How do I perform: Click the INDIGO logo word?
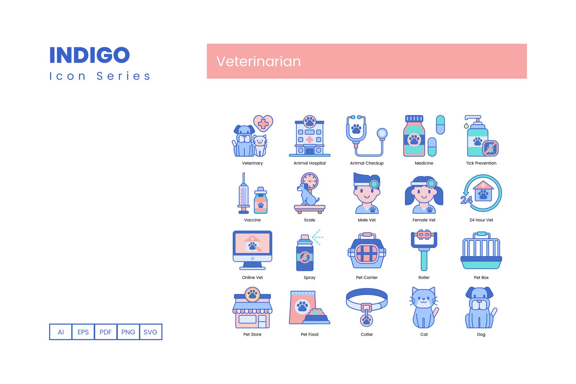(90, 55)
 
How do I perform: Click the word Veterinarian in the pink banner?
(259, 61)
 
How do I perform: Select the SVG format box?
(150, 332)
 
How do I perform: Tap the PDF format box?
(106, 332)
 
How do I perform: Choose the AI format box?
(61, 332)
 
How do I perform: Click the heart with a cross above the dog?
(263, 124)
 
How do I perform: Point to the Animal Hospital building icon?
(309, 136)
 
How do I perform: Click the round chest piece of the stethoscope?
(382, 133)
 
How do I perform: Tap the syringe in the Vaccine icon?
(244, 193)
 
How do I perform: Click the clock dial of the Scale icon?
(309, 181)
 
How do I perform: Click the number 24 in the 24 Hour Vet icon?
(466, 200)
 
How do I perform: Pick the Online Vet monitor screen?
(252, 244)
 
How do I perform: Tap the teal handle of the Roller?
(424, 260)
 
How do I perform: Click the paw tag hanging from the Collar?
(367, 320)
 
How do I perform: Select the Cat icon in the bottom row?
(424, 308)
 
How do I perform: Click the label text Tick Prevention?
(481, 163)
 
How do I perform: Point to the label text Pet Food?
(309, 334)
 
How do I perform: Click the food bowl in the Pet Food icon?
(316, 317)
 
